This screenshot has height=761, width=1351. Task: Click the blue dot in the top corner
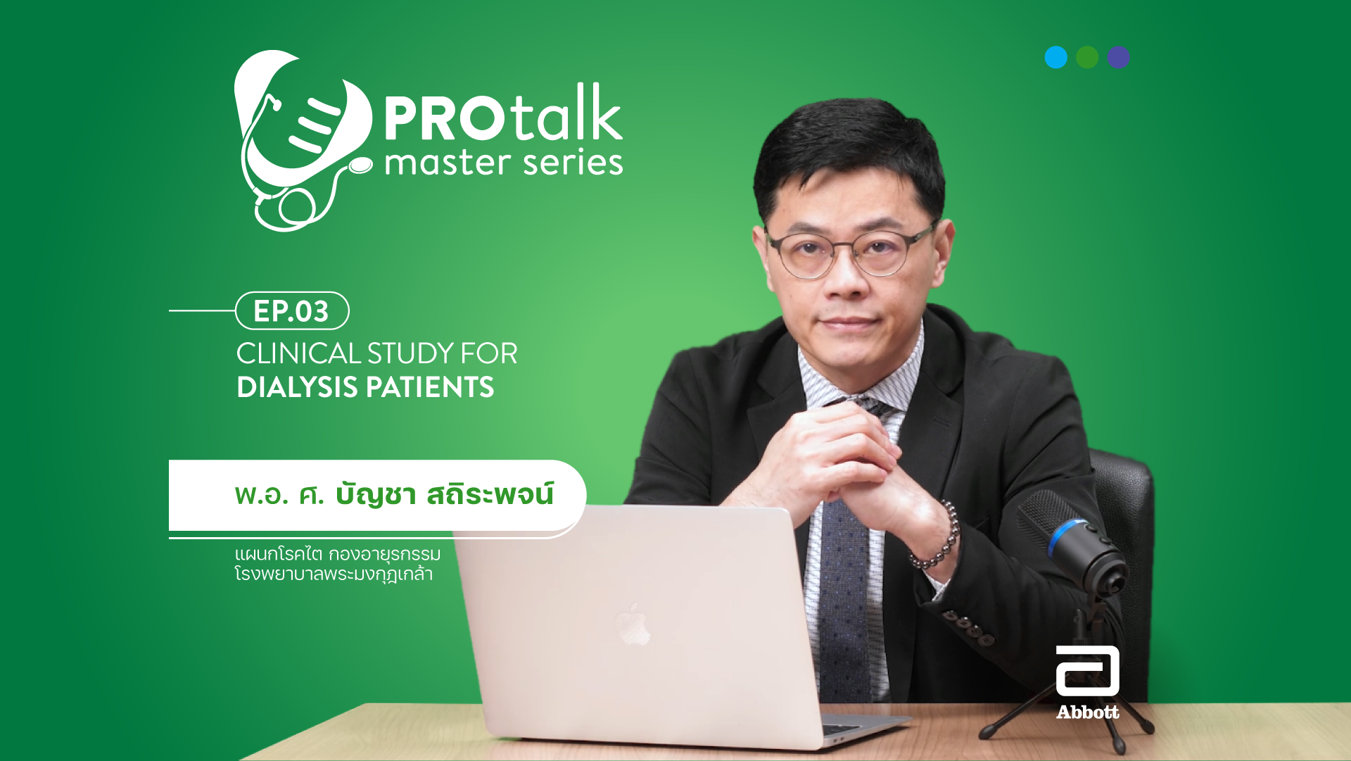pyautogui.click(x=1055, y=57)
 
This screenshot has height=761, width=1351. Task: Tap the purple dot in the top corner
pyautogui.click(x=1118, y=57)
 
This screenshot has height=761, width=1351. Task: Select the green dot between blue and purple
pyautogui.click(x=1087, y=57)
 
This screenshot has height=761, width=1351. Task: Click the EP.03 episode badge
pyautogui.click(x=292, y=310)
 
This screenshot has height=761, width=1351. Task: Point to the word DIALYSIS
pyautogui.click(x=298, y=387)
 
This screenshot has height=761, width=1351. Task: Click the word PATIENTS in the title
pyautogui.click(x=430, y=387)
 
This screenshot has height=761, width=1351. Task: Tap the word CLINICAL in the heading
pyautogui.click(x=298, y=353)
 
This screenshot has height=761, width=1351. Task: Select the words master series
pyautogui.click(x=504, y=163)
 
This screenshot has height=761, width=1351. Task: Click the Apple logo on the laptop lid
pyautogui.click(x=634, y=624)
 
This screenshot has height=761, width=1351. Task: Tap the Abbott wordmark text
pyautogui.click(x=1087, y=712)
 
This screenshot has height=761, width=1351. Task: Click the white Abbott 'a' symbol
pyautogui.click(x=1087, y=671)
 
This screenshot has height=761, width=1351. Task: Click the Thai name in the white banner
pyautogui.click(x=394, y=494)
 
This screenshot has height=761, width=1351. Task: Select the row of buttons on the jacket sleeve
pyautogui.click(x=968, y=627)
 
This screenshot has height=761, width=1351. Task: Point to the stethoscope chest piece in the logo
pyautogui.click(x=360, y=166)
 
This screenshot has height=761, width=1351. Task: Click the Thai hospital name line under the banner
pyautogui.click(x=334, y=574)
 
